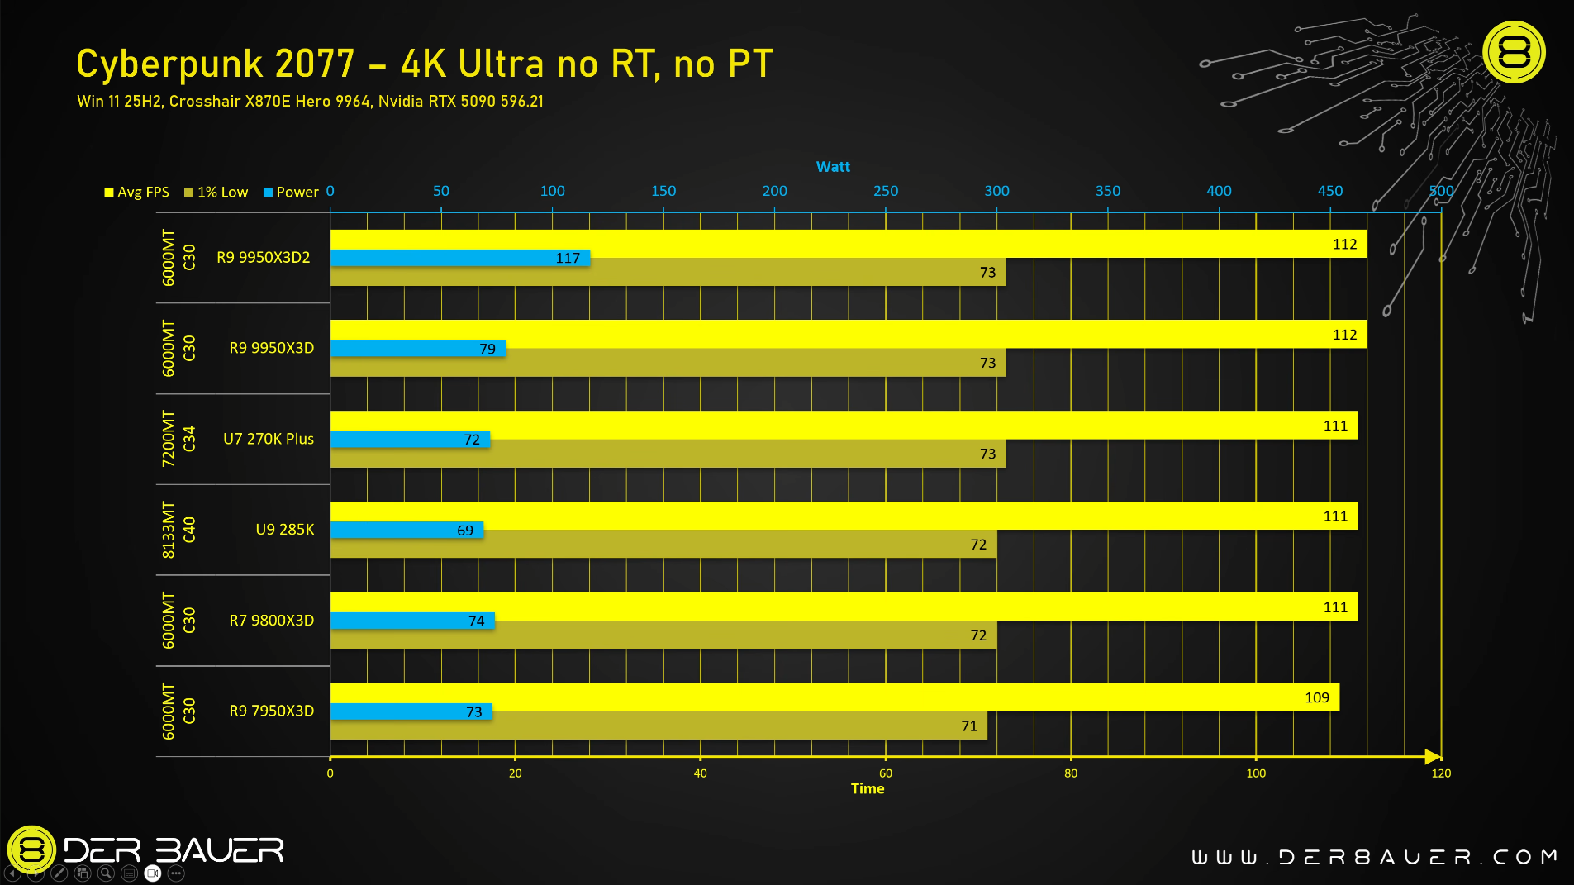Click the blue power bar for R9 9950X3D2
(x=459, y=258)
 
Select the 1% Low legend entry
(x=216, y=193)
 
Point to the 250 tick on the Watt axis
(x=886, y=191)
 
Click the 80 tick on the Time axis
(x=1071, y=773)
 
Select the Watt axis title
(x=833, y=167)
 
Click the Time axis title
(x=868, y=789)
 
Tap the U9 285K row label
(x=284, y=530)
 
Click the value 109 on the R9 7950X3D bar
(x=1317, y=698)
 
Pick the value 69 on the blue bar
(x=465, y=531)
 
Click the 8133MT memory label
(x=169, y=530)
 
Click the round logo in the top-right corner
(x=1514, y=53)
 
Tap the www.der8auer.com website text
(x=1373, y=858)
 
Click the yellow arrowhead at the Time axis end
(x=1433, y=756)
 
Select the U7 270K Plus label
(x=268, y=439)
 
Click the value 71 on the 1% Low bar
(x=969, y=726)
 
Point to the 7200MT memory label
(x=169, y=439)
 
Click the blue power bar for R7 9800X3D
(x=411, y=621)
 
